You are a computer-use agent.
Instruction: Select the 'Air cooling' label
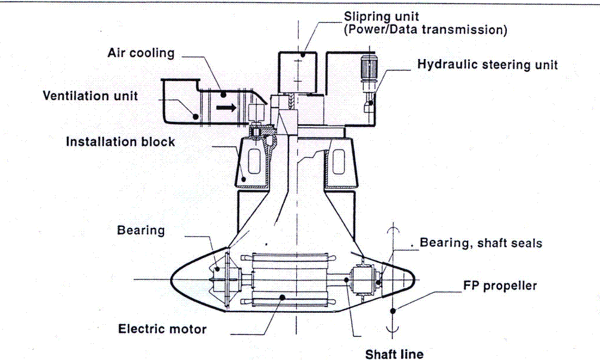[141, 53]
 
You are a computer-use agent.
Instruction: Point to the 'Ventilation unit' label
[90, 96]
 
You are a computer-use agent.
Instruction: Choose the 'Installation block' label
[121, 141]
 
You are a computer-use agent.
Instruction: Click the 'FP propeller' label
[500, 285]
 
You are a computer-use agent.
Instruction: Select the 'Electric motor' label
[162, 328]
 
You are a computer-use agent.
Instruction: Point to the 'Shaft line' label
[394, 354]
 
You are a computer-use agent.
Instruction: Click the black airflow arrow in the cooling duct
[225, 108]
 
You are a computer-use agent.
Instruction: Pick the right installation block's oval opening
[341, 161]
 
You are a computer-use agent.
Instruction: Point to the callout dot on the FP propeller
[392, 310]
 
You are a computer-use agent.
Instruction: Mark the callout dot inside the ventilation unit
[195, 113]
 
